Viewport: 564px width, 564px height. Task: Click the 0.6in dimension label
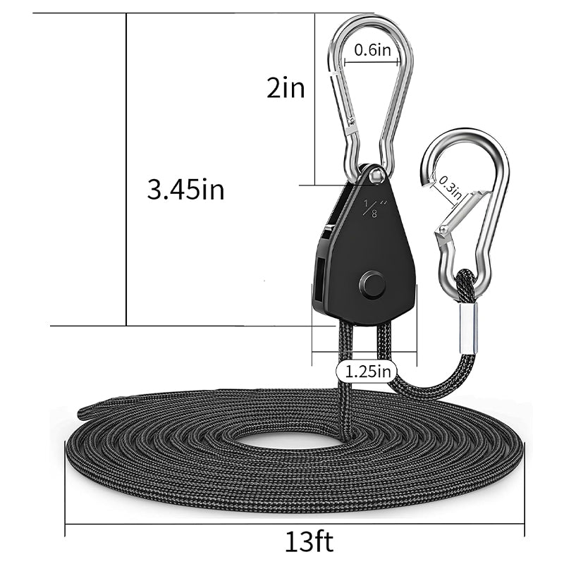coord(372,50)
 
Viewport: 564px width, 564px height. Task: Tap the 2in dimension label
coord(286,87)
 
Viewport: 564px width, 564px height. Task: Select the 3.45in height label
coord(185,190)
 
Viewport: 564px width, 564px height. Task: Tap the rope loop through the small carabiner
coord(465,281)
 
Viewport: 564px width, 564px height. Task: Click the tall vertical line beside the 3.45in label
coord(126,169)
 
